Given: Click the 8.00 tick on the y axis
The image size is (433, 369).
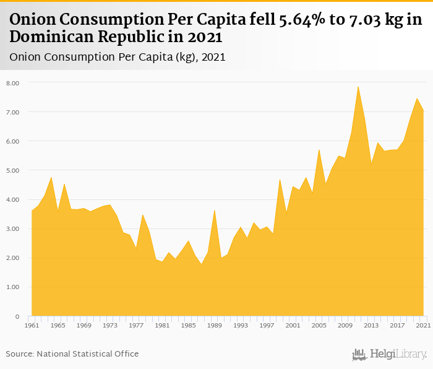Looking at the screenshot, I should [x=13, y=83].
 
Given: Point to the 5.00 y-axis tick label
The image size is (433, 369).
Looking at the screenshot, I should [x=13, y=170].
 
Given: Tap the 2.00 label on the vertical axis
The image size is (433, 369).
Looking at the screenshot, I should [x=13, y=258].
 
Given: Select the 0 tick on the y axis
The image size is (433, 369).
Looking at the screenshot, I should [x=17, y=316].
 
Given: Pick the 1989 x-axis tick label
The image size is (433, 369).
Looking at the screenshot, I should [x=214, y=325].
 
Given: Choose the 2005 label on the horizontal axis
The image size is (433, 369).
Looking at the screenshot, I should [x=319, y=325].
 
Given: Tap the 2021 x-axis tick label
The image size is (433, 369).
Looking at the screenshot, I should [x=423, y=325].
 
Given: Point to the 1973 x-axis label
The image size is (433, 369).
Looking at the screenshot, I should [x=109, y=325].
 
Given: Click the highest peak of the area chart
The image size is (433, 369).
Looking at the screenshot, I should [x=358, y=87].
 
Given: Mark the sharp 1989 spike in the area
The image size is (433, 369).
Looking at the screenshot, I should [x=214, y=211].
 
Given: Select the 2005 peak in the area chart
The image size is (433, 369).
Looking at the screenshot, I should [x=319, y=150].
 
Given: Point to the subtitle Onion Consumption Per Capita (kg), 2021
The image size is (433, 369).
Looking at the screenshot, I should [x=118, y=57].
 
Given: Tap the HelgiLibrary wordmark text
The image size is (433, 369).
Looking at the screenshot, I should [x=398, y=355].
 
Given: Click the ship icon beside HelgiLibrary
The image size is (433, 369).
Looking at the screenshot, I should [x=359, y=355].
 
